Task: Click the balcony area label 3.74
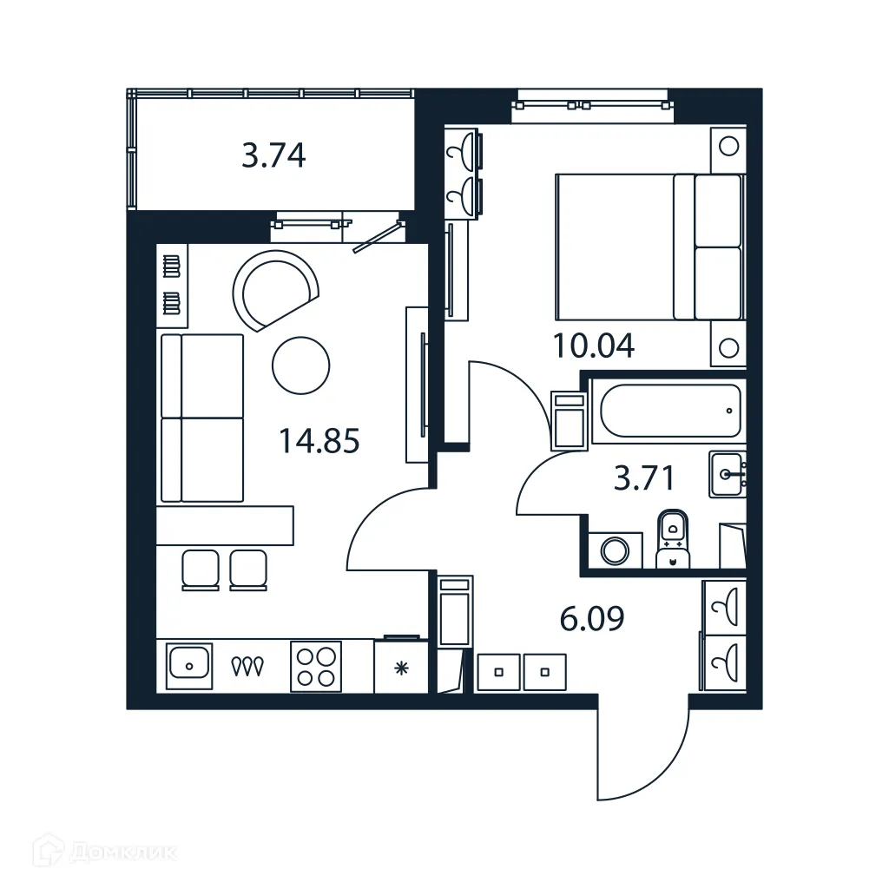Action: [x=273, y=156]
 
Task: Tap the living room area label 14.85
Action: [x=319, y=442]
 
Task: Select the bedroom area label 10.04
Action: [x=594, y=346]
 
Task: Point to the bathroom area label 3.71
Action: [x=643, y=477]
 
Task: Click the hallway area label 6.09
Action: [x=591, y=620]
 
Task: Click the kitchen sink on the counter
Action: [x=188, y=666]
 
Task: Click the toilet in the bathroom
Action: [x=672, y=538]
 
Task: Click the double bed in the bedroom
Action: [x=648, y=247]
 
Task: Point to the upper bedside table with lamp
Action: [x=728, y=145]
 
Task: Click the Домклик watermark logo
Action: [x=95, y=853]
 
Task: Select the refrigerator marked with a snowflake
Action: [x=400, y=667]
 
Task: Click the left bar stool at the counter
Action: [x=200, y=570]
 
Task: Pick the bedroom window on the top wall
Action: [x=592, y=105]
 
